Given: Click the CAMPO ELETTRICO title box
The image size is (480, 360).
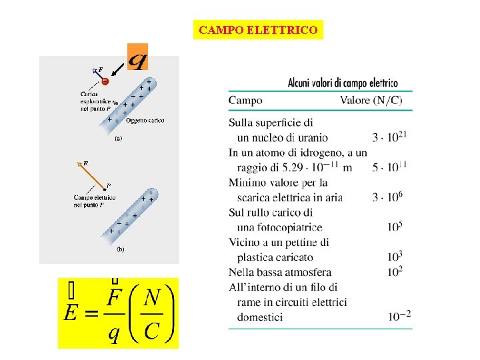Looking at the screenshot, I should (258, 30).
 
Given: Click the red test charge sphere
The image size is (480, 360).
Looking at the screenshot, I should (105, 81).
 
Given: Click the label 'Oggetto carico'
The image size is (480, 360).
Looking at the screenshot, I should (145, 120).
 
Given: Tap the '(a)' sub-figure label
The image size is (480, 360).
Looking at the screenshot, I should (118, 139).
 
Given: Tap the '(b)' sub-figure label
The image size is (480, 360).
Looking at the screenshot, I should (121, 249).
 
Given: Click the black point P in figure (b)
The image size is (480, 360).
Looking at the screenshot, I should (105, 189).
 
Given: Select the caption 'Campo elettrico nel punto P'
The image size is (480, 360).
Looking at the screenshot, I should (94, 201).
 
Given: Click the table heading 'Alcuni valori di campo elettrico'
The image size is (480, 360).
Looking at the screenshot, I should (343, 83).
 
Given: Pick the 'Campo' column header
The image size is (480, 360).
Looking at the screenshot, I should (245, 101).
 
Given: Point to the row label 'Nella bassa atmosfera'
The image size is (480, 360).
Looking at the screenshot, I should (280, 272).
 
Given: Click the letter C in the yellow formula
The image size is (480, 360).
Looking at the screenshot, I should (151, 331).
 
